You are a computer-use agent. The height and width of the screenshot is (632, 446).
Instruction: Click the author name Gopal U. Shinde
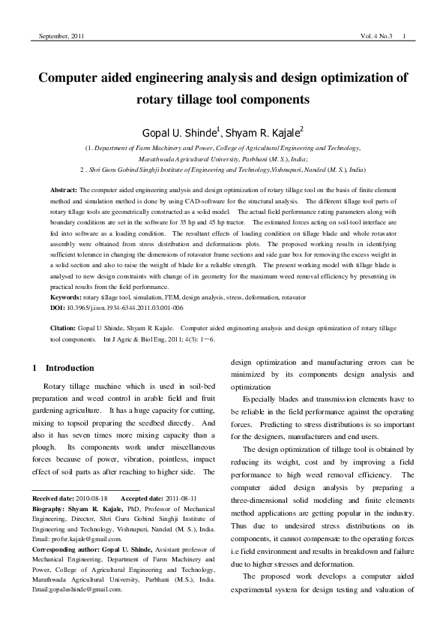pos(178,134)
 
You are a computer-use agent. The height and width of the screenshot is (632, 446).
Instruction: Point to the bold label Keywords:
pos(66,298)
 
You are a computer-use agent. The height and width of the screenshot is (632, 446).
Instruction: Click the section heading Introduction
pos(70,368)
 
